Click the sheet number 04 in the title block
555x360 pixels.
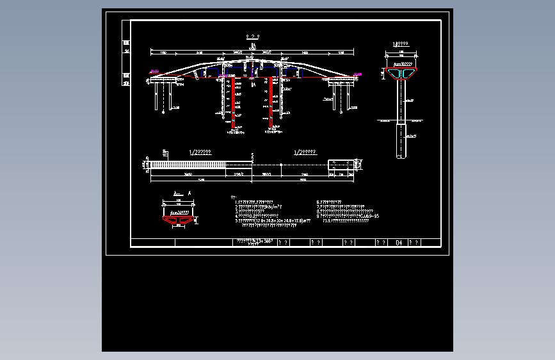pyautogui.click(x=399, y=243)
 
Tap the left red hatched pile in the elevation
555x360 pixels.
pyautogui.click(x=234, y=102)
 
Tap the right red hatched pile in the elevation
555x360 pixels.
pyautogui.click(x=271, y=102)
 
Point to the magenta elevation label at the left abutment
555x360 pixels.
pyautogui.click(x=153, y=72)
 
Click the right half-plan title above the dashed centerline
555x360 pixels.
pyautogui.click(x=304, y=152)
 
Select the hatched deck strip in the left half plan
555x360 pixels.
pyautogui.click(x=188, y=165)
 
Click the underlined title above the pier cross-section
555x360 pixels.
pyautogui.click(x=401, y=44)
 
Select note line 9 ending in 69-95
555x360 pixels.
pyautogui.click(x=348, y=217)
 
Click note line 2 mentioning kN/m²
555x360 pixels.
pyautogui.click(x=259, y=207)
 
